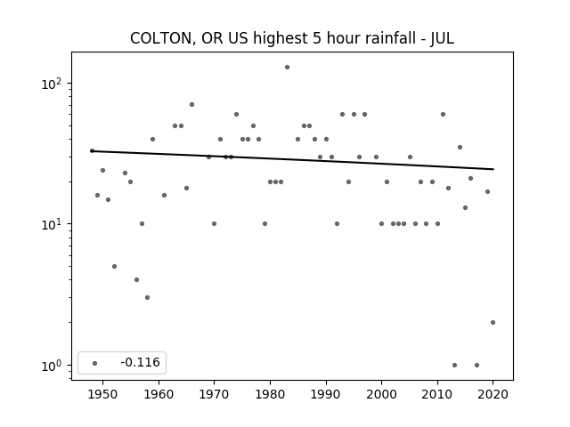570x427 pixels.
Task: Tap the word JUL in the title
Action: point(439,38)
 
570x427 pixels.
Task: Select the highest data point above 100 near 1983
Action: point(287,67)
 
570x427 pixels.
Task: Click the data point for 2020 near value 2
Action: point(493,322)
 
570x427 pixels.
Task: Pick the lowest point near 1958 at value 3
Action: point(147,297)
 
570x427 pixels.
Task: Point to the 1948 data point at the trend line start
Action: point(92,150)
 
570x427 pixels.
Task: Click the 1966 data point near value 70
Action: point(191,104)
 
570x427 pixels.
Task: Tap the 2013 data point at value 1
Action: point(454,365)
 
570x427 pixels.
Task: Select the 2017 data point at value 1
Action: point(476,365)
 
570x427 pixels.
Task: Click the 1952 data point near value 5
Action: point(114,266)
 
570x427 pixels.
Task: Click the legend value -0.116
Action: point(139,363)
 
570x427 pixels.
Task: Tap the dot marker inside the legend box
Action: point(95,363)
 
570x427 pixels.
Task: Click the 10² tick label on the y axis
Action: point(54,84)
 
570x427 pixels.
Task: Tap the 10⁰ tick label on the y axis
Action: point(54,365)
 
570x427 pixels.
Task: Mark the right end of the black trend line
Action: point(493,169)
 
